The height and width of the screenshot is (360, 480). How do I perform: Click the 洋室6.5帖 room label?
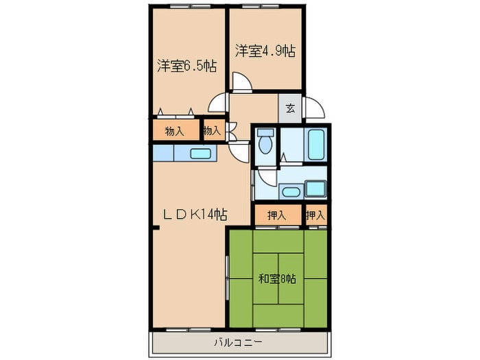187,67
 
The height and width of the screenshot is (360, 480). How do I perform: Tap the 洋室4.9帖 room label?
265,51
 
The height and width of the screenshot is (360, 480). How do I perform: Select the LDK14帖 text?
194,215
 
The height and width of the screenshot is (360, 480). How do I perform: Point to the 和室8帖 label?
277,279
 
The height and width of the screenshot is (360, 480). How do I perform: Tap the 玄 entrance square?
290,107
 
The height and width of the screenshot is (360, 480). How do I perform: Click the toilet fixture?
265,143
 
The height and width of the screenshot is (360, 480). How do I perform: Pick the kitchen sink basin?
200,154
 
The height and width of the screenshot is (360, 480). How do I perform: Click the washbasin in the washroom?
289,190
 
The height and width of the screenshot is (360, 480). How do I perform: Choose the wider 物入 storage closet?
175,131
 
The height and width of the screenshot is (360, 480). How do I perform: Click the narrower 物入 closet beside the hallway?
212,130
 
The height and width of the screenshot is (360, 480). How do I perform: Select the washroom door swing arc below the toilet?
263,180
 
